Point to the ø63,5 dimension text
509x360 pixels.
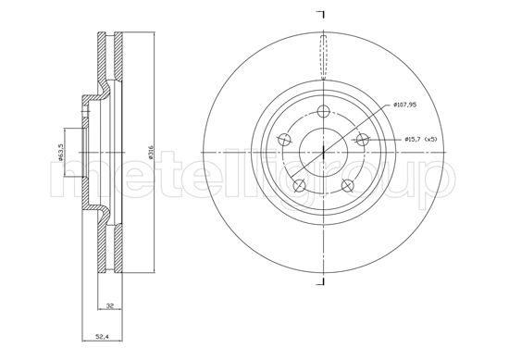(60, 152)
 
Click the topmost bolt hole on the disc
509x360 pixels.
(322, 112)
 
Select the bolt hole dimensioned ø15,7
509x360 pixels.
(363, 140)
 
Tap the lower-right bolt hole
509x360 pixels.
(348, 186)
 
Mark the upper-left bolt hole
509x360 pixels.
(283, 141)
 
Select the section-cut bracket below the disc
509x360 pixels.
(321, 279)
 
